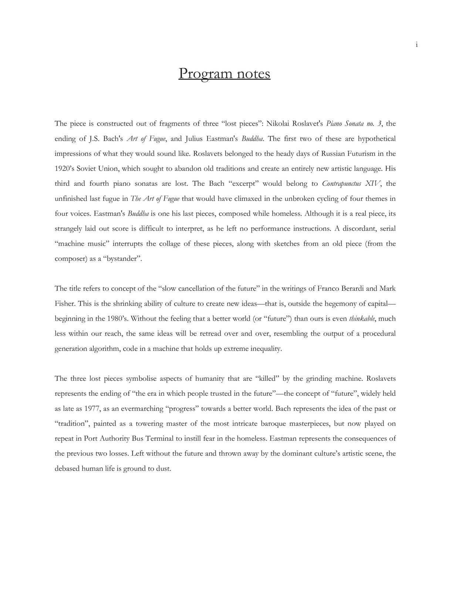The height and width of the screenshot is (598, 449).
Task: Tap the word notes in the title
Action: click(x=253, y=74)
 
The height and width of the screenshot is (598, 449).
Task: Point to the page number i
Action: click(x=416, y=45)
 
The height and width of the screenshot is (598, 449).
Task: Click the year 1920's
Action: click(x=64, y=168)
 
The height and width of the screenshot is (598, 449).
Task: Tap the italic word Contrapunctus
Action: click(x=341, y=184)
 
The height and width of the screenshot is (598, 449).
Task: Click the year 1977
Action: click(x=92, y=409)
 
